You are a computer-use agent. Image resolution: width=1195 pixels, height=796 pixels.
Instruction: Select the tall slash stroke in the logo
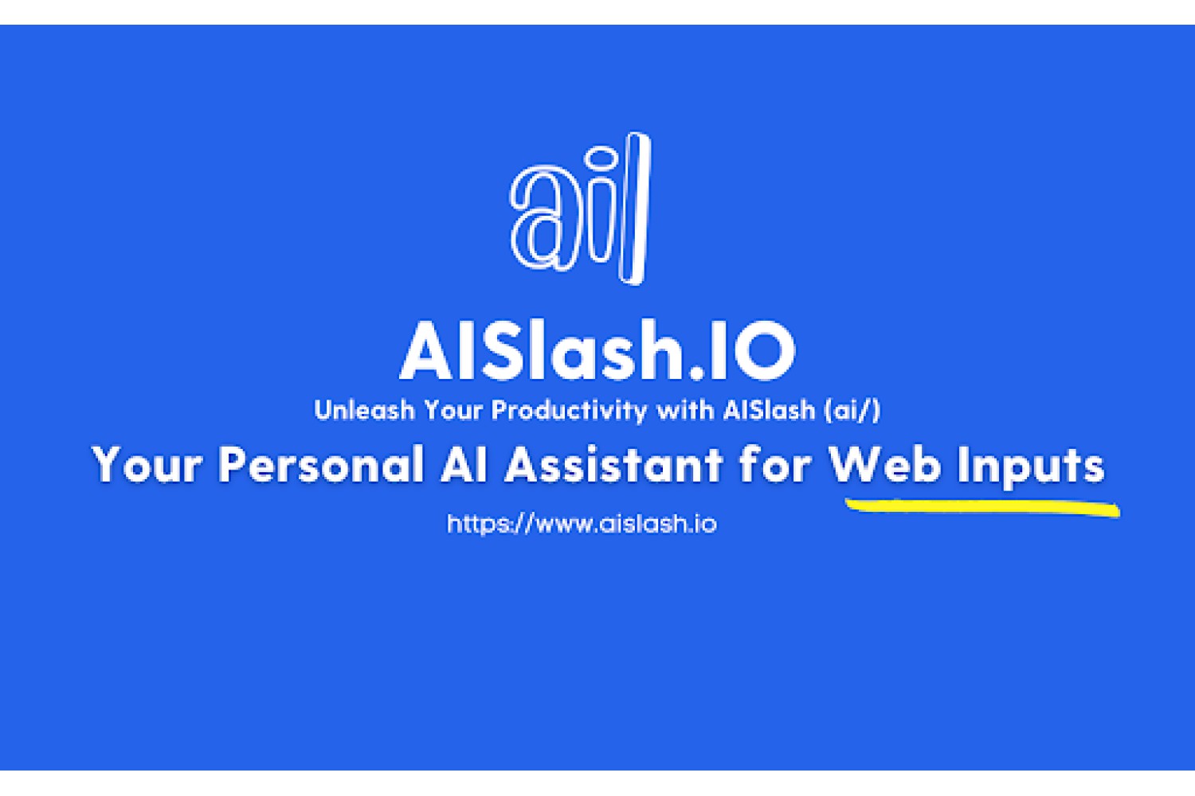coord(635,209)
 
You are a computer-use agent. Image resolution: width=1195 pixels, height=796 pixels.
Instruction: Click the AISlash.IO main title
coord(597,350)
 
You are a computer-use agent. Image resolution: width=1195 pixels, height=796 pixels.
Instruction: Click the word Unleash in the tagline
coord(364,411)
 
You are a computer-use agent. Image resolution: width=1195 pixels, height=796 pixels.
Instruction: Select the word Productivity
coord(569,411)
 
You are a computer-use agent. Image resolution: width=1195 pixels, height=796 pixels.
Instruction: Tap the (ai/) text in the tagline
coord(852,411)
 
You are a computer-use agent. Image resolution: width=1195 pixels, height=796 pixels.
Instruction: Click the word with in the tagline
coord(685,410)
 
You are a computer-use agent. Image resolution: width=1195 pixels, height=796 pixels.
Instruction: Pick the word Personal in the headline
coord(322,464)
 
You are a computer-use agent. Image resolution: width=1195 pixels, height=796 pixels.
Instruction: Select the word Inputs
coord(1031,467)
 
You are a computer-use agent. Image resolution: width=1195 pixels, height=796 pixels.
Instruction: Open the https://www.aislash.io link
coord(582,524)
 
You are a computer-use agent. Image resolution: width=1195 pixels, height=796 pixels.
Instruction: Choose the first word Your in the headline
coord(147,464)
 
